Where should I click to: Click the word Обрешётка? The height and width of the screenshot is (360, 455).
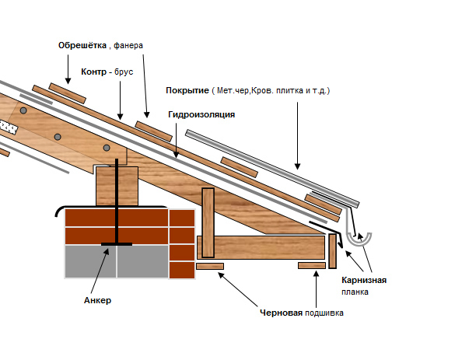pyautogui.click(x=82, y=46)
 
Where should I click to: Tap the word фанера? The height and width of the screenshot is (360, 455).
pyautogui.click(x=128, y=46)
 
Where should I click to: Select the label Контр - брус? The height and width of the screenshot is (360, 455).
pyautogui.click(x=107, y=72)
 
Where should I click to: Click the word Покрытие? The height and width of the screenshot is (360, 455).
pyautogui.click(x=187, y=90)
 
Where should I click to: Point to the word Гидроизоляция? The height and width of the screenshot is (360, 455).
pyautogui.click(x=201, y=114)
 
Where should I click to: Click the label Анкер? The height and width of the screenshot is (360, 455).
pyautogui.click(x=97, y=300)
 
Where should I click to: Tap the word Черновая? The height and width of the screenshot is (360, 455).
pyautogui.click(x=282, y=313)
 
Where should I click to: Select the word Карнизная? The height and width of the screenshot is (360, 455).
pyautogui.click(x=364, y=280)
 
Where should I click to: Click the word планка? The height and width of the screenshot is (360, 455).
pyautogui.click(x=355, y=292)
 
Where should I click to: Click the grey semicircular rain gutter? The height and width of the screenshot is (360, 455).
pyautogui.click(x=359, y=243)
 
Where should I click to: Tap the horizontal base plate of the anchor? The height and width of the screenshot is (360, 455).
pyautogui.click(x=117, y=244)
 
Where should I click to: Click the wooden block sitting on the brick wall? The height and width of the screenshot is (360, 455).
pyautogui.click(x=117, y=187)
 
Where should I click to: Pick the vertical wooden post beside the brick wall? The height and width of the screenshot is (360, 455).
pyautogui.click(x=208, y=223)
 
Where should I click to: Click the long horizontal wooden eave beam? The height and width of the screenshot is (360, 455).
pyautogui.click(x=261, y=247)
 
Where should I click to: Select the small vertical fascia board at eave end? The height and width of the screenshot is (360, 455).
pyautogui.click(x=333, y=251)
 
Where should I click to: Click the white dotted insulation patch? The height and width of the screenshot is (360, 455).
pyautogui.click(x=8, y=127)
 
